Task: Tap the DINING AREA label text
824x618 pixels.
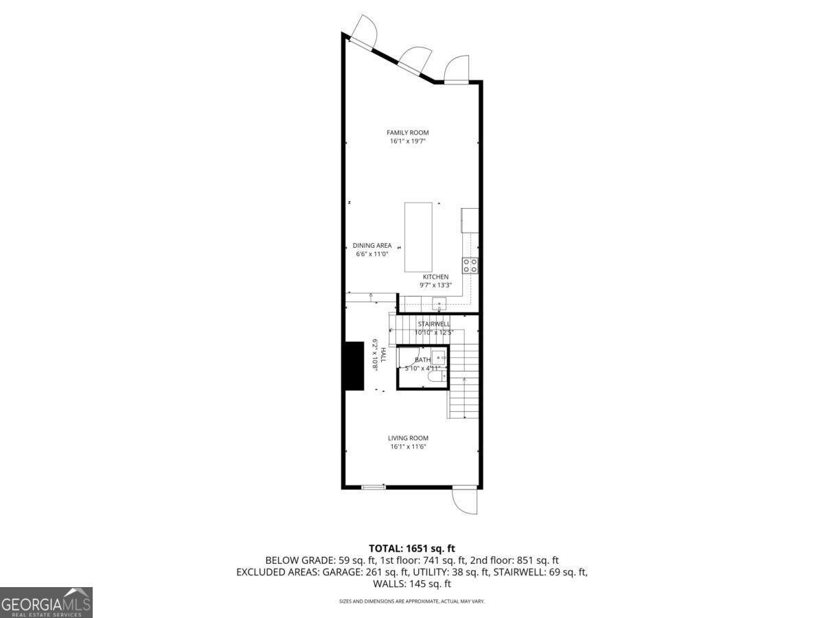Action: pyautogui.click(x=372, y=246)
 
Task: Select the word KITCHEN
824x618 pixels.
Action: pyautogui.click(x=435, y=277)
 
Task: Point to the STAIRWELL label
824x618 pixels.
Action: pyautogui.click(x=434, y=323)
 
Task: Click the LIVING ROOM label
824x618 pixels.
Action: pyautogui.click(x=408, y=438)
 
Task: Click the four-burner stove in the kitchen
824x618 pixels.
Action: pyautogui.click(x=470, y=265)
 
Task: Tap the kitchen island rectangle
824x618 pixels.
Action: pyautogui.click(x=418, y=237)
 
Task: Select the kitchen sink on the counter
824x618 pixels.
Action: pyautogui.click(x=439, y=304)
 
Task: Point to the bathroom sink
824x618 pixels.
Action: pyautogui.click(x=440, y=358)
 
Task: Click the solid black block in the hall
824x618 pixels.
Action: pyautogui.click(x=354, y=366)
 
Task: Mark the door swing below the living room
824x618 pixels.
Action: pyautogui.click(x=465, y=500)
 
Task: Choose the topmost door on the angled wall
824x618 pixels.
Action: pyautogui.click(x=362, y=31)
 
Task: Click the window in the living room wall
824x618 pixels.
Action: pyautogui.click(x=374, y=488)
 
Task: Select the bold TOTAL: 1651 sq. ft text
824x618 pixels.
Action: pyautogui.click(x=412, y=548)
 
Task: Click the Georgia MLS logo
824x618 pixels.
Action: pyautogui.click(x=46, y=602)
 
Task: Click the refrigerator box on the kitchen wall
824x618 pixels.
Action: pyautogui.click(x=470, y=220)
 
